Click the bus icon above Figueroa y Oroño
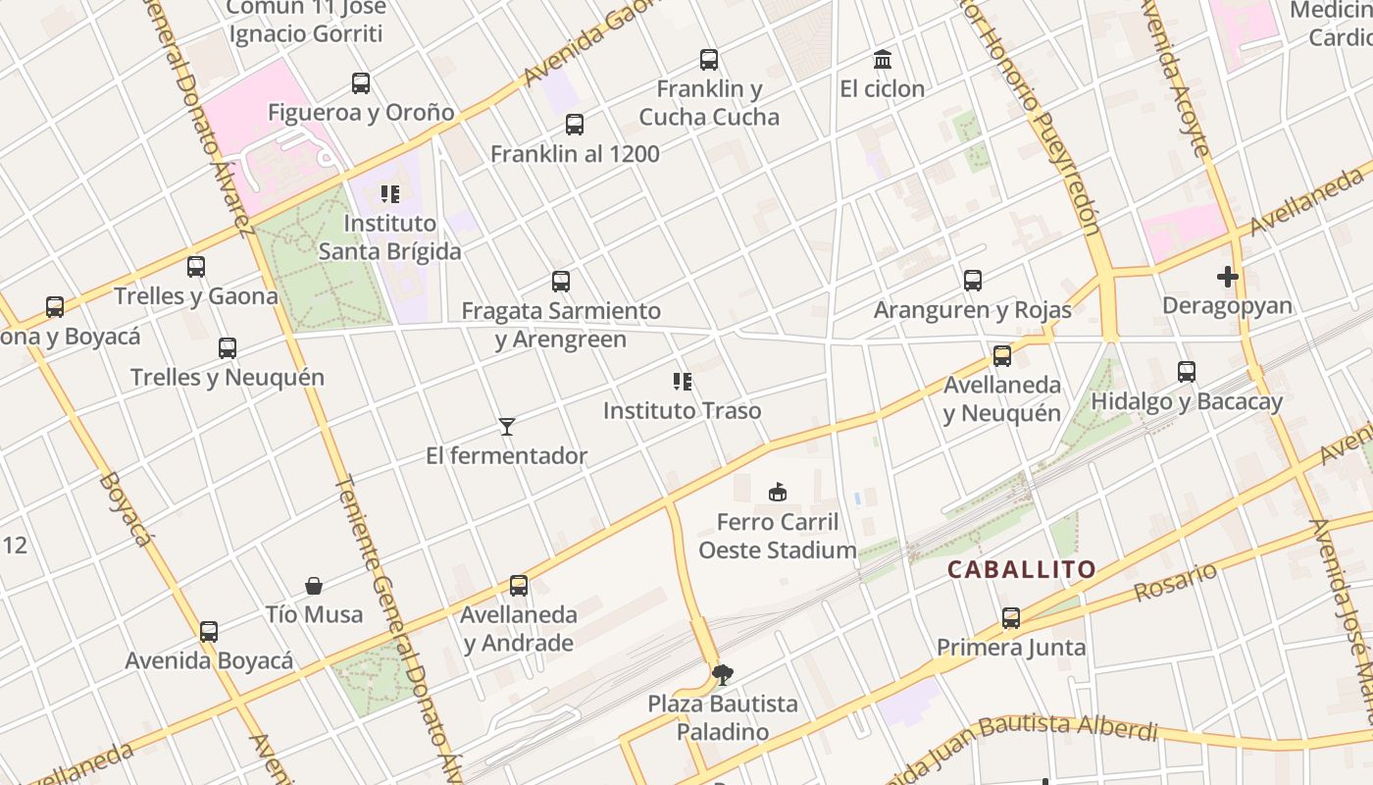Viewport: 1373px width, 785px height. pos(361,83)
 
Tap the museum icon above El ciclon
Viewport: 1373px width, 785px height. pos(882,60)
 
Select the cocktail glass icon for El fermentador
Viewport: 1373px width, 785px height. pos(507,426)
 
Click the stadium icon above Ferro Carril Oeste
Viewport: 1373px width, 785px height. pos(778,491)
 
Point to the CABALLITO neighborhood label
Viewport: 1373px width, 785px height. pos(1021,569)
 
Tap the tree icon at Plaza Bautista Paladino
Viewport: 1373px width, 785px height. pos(723,674)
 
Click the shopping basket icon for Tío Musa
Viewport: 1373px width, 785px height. pos(314,586)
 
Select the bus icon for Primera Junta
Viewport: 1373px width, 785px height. pos(1011,618)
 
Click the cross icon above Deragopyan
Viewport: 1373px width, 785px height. pos(1227,277)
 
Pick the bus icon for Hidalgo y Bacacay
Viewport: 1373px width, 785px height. pos(1187,372)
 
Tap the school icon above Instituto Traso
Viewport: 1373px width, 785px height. pos(682,381)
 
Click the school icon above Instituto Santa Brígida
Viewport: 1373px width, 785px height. pos(390,193)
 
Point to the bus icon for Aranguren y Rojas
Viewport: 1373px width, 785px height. pos(973,281)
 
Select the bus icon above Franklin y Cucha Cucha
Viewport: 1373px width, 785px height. pos(709,60)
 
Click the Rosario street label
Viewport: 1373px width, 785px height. pos(1175,583)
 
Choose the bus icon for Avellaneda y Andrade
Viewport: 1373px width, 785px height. pos(519,586)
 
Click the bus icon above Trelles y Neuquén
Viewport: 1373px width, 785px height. pos(228,347)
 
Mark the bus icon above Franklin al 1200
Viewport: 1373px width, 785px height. pos(575,125)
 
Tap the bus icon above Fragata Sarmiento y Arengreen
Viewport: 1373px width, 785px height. pos(561,282)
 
